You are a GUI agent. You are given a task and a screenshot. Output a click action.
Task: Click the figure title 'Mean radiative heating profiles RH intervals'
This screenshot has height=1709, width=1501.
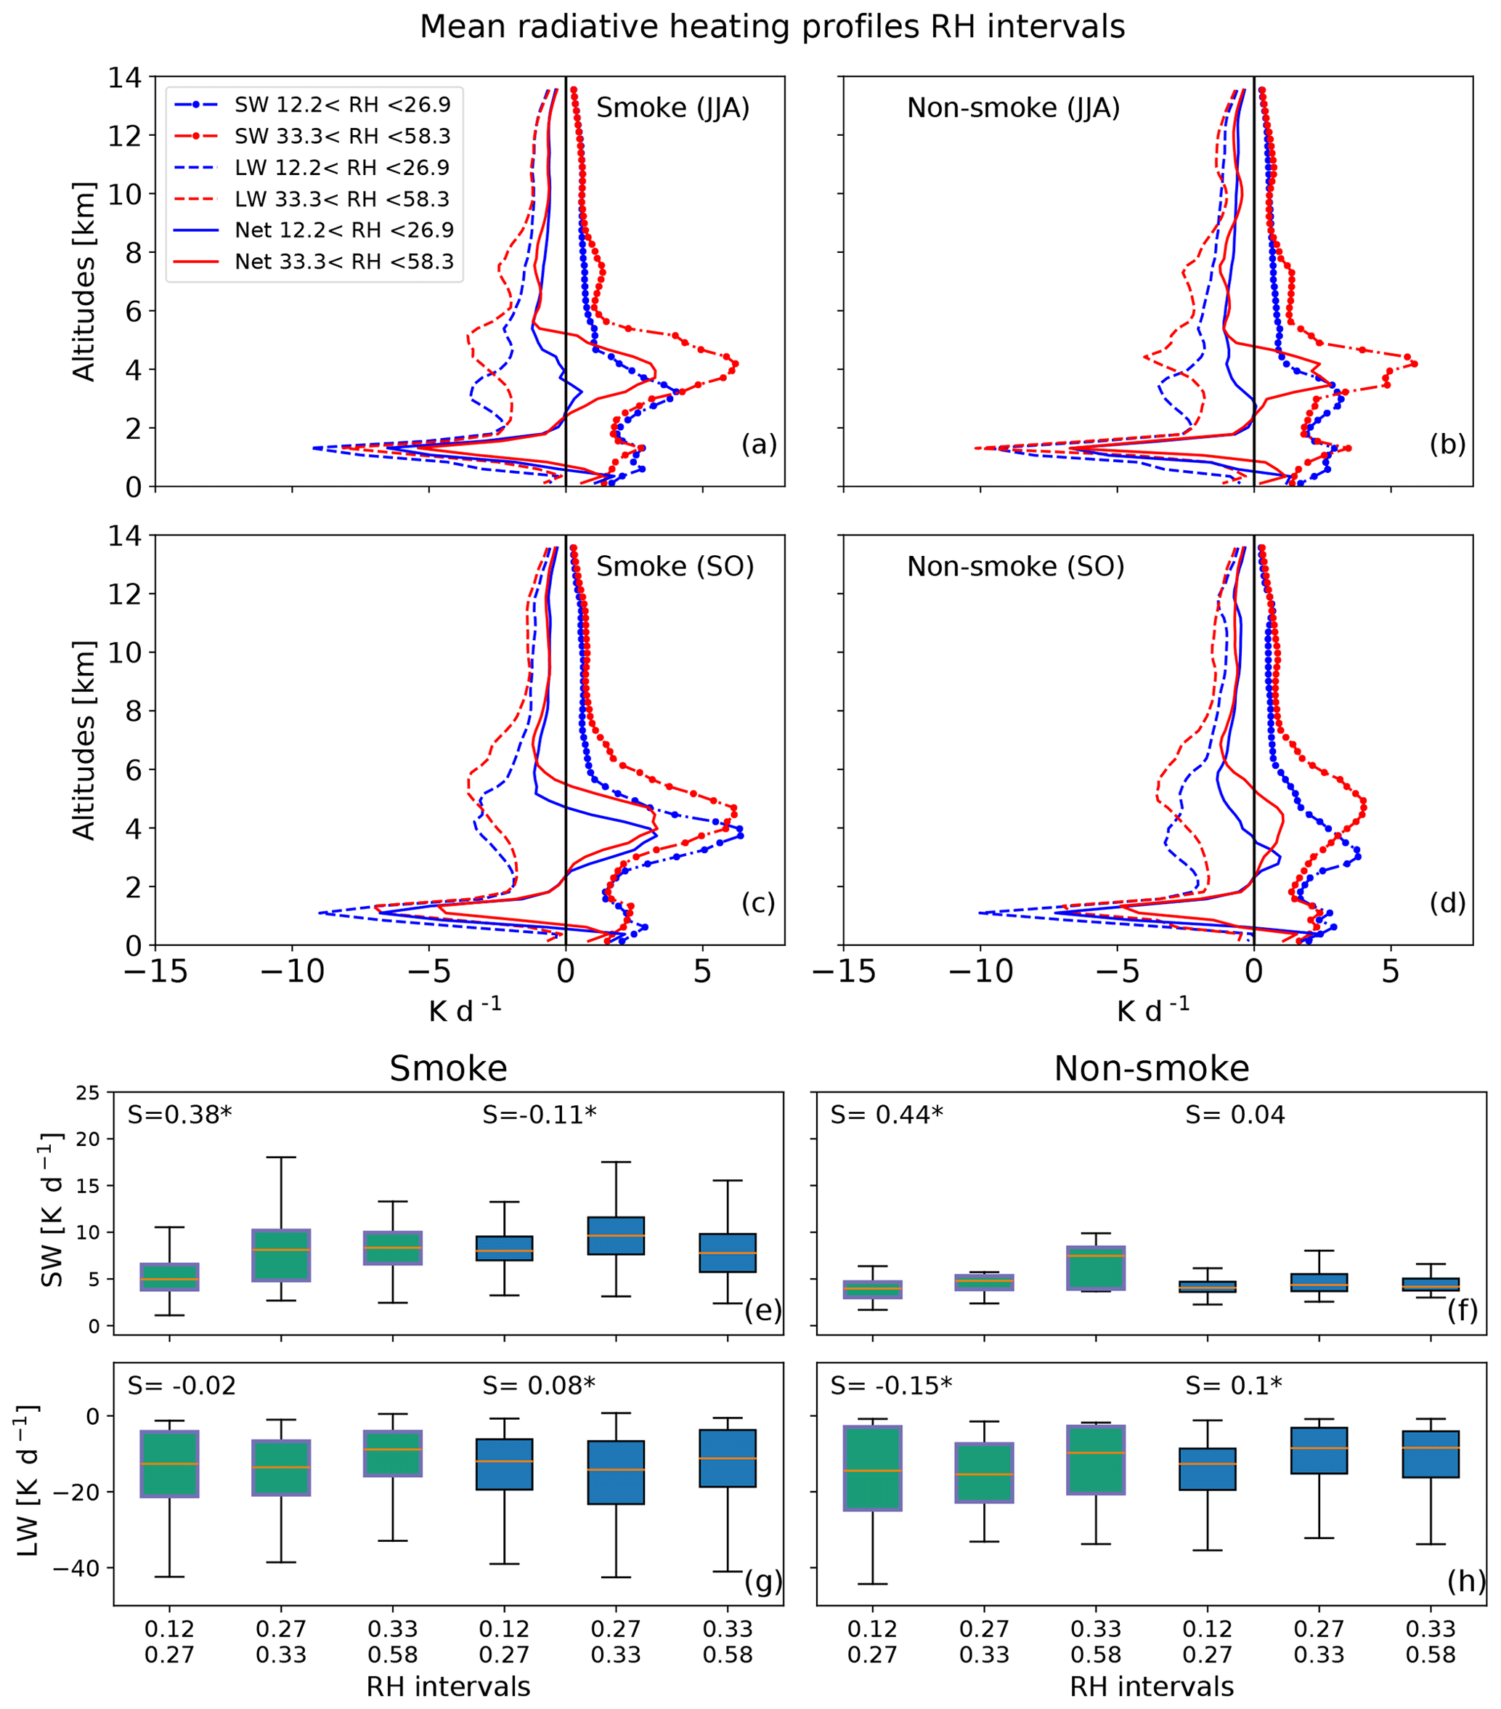click(x=772, y=28)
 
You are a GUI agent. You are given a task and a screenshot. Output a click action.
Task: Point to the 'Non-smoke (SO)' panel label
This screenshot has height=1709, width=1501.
click(x=1015, y=567)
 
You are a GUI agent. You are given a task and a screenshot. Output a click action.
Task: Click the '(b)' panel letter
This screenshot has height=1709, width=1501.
click(x=1447, y=445)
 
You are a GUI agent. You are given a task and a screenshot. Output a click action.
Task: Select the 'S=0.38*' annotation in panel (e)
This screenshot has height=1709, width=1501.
click(x=179, y=1115)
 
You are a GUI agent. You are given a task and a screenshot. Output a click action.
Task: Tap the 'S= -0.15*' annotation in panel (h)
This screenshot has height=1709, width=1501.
click(x=891, y=1386)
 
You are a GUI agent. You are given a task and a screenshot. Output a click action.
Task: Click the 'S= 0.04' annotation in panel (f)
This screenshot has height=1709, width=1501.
click(x=1234, y=1115)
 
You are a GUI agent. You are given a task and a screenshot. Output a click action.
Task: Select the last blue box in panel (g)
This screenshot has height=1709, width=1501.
click(x=728, y=1458)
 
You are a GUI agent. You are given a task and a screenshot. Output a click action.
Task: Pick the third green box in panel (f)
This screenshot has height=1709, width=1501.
click(x=1096, y=1267)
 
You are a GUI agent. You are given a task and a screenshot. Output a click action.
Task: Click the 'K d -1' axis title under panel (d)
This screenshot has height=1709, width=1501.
click(x=1152, y=1011)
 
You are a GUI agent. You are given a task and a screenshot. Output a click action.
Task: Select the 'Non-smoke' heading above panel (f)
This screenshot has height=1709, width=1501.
click(x=1151, y=1069)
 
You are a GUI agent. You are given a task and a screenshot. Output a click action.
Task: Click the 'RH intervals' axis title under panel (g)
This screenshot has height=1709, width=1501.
click(x=448, y=1686)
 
